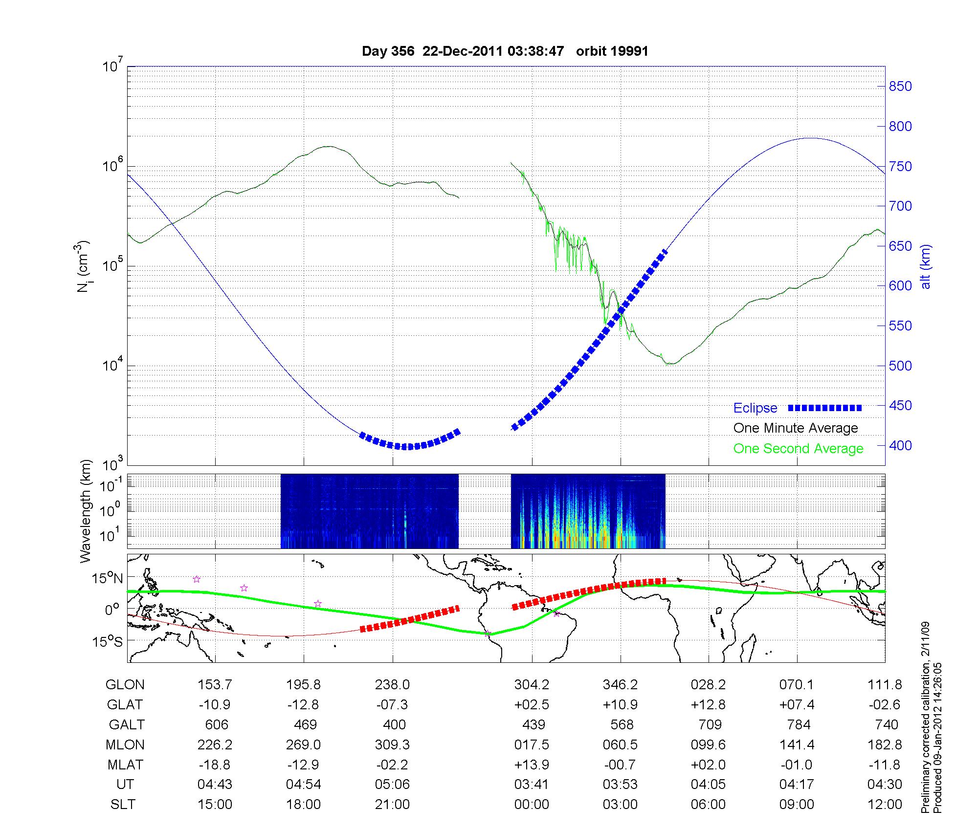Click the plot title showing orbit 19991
[505, 51]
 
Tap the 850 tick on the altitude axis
[900, 87]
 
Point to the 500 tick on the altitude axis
[900, 366]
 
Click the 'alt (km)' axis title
[926, 266]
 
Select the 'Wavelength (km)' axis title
[86, 511]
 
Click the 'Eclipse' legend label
[755, 408]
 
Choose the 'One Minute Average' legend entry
[796, 428]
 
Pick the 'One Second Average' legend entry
[798, 449]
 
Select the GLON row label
[125, 685]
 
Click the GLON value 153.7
[215, 685]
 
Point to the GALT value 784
[799, 724]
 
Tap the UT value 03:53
[620, 785]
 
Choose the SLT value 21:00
[392, 805]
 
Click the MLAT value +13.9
[532, 765]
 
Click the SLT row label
[123, 805]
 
